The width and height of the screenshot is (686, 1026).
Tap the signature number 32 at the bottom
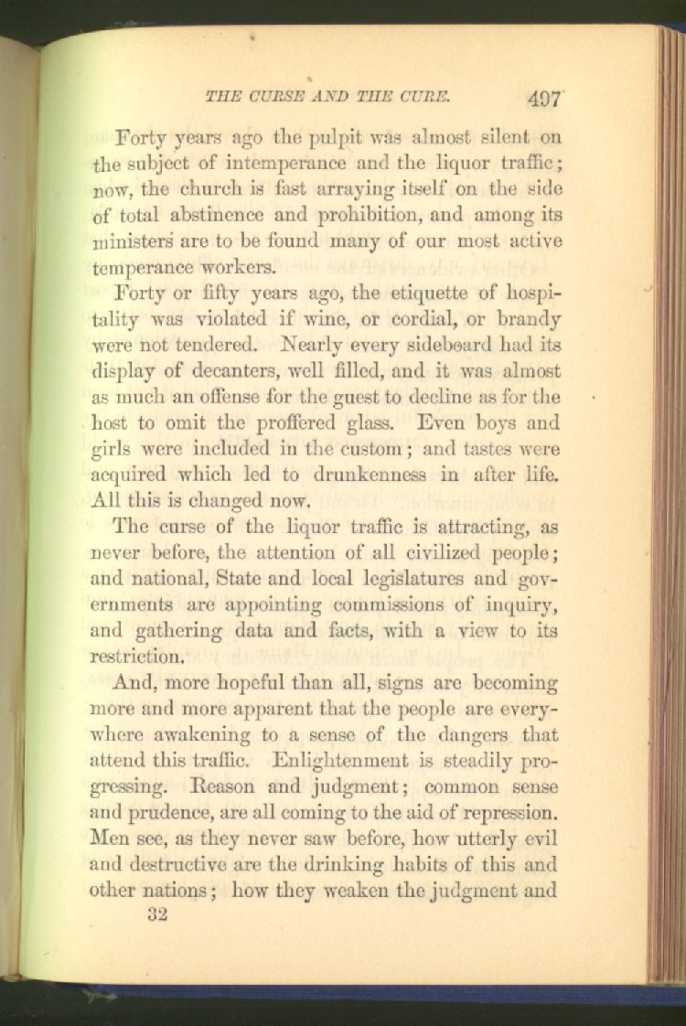[x=157, y=915]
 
